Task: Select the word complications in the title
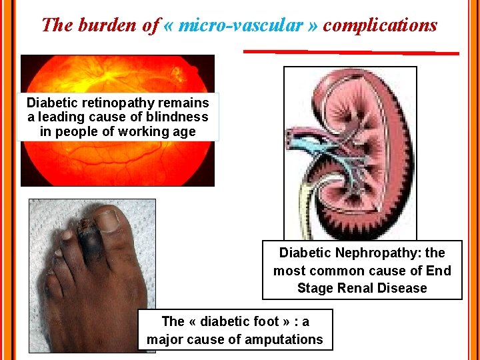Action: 380,25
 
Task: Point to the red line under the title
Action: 351,51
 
